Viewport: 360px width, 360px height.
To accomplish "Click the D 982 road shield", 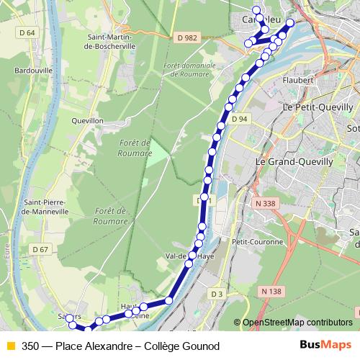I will (186, 37).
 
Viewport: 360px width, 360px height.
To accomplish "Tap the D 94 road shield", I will (240, 119).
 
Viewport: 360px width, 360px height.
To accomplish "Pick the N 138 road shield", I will (271, 291).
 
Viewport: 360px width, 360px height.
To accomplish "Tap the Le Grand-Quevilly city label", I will (294, 162).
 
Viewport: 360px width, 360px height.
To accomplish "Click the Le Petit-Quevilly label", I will (318, 107).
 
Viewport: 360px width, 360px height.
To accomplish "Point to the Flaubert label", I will (300, 80).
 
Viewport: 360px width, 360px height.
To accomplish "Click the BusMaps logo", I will (326, 346).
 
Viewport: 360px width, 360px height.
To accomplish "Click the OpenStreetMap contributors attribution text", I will (297, 323).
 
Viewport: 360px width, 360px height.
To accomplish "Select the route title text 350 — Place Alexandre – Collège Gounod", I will (120, 346).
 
